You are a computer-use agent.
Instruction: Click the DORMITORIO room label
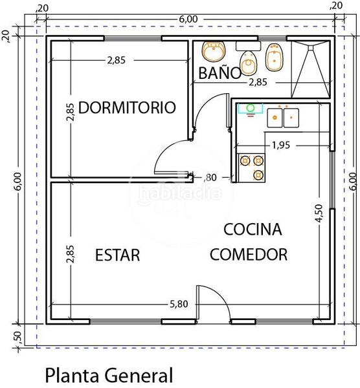click(x=127, y=107)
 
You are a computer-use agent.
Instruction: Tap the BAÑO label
click(x=220, y=73)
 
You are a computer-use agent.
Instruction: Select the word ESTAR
click(x=117, y=255)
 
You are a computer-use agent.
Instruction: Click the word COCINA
click(x=253, y=230)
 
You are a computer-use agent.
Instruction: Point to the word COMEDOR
click(x=249, y=255)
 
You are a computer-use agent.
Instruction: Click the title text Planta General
click(x=109, y=374)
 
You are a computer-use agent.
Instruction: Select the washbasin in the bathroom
click(x=213, y=51)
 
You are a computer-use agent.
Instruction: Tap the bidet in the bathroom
click(x=275, y=56)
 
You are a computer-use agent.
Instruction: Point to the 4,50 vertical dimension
click(x=317, y=213)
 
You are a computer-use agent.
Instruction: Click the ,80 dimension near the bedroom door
click(x=210, y=177)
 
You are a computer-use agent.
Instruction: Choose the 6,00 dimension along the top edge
click(x=187, y=19)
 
